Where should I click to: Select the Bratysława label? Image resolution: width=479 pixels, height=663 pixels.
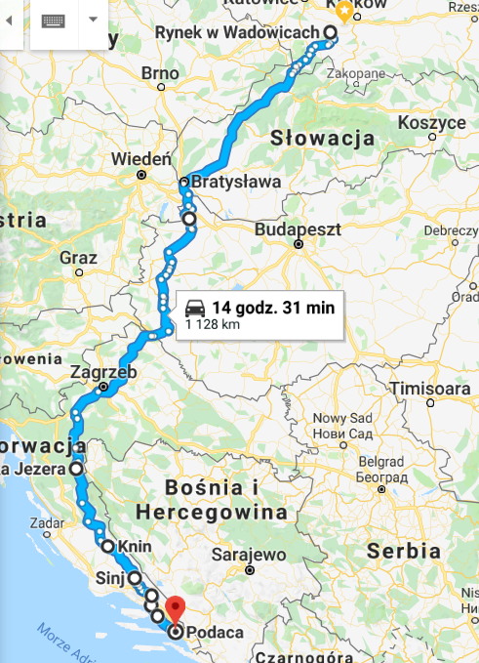point(237,182)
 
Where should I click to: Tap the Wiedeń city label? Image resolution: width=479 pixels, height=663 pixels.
point(141,158)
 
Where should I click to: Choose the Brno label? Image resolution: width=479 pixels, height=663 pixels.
point(161,72)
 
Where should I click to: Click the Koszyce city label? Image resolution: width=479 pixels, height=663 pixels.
point(432,123)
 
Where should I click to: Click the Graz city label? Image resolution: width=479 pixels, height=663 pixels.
point(78,258)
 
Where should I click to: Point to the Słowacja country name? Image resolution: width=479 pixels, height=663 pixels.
point(324,138)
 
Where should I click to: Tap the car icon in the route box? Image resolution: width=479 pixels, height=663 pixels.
point(195,307)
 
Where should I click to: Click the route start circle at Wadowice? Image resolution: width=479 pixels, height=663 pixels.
point(330,32)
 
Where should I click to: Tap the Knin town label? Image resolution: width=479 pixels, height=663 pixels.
point(133,547)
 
